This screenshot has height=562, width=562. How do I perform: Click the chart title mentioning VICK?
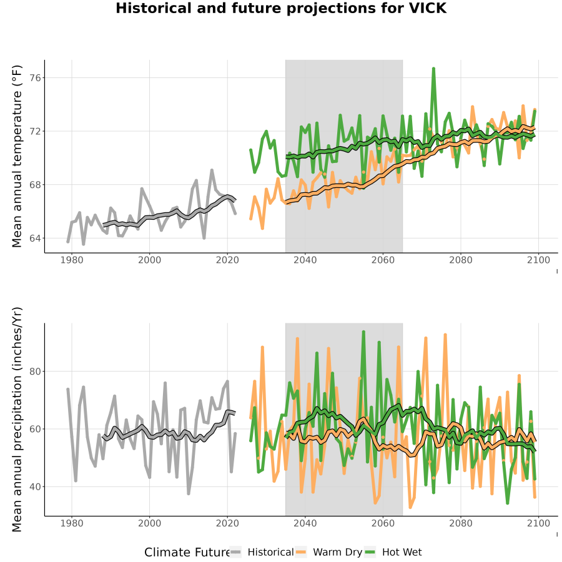(281, 8)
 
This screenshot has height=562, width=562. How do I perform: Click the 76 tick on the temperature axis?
(34, 78)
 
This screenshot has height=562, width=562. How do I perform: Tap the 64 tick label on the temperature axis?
(34, 239)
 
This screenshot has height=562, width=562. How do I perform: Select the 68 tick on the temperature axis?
(34, 185)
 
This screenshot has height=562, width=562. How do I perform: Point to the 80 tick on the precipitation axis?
(34, 372)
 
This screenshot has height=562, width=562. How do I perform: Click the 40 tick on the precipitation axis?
(34, 487)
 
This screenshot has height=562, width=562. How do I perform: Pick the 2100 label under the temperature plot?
(538, 260)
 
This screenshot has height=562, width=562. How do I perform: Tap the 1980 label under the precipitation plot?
(72, 523)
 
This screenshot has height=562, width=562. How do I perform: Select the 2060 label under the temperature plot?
(383, 260)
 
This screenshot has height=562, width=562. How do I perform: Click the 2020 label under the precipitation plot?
(227, 523)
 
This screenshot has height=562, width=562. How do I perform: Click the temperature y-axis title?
(17, 156)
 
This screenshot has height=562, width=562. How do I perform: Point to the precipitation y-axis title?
(17, 420)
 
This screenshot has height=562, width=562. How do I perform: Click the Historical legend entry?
(262, 553)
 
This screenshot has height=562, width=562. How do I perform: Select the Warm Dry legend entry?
(328, 553)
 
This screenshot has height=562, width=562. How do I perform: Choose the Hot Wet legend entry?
(393, 553)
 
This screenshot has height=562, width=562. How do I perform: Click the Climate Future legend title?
(187, 553)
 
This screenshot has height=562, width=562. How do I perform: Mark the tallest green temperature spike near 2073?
(434, 68)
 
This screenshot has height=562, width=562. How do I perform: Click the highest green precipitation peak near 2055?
(363, 332)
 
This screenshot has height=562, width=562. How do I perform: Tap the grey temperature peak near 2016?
(212, 170)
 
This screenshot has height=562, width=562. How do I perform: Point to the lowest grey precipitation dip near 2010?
(189, 493)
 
